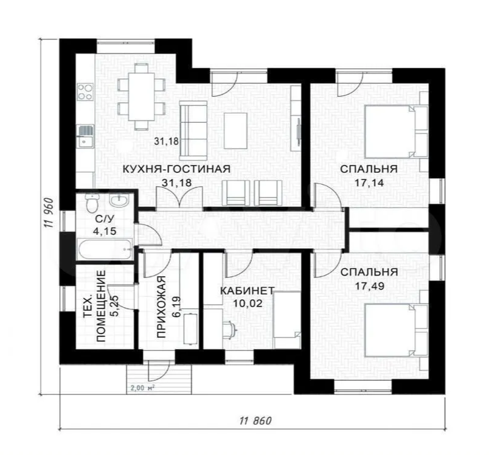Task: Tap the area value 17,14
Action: pyautogui.click(x=369, y=181)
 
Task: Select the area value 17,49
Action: pyautogui.click(x=369, y=283)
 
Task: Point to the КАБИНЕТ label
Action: pyautogui.click(x=248, y=290)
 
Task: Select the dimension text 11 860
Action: pyautogui.click(x=255, y=420)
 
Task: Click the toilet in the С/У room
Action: pyautogui.click(x=91, y=201)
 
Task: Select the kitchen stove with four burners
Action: pyautogui.click(x=85, y=92)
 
